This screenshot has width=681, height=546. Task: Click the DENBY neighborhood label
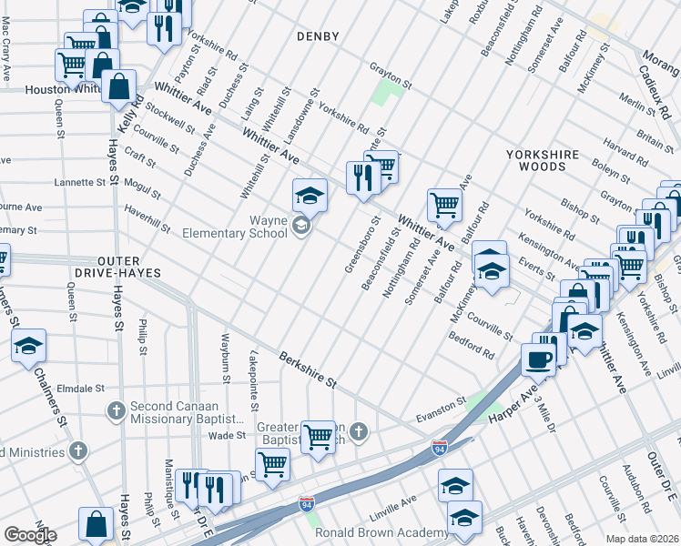click(318, 36)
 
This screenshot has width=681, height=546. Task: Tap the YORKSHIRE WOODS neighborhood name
click(549, 161)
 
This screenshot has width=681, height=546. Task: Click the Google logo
click(30, 534)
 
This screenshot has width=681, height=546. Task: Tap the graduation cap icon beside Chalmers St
click(30, 346)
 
